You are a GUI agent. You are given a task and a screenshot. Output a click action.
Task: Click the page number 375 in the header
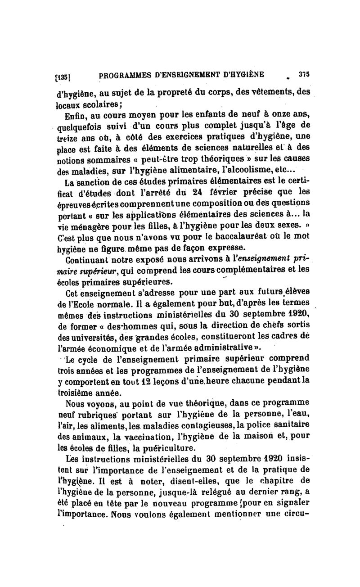tap(302, 74)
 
